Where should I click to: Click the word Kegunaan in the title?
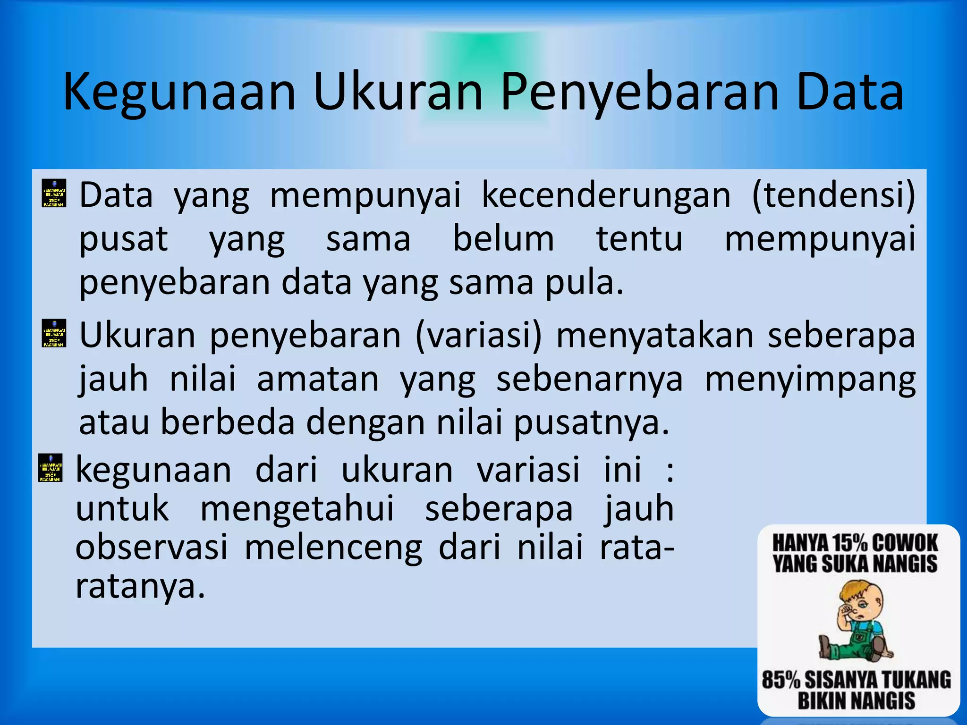[179, 93]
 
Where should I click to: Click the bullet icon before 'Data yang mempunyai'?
[54, 193]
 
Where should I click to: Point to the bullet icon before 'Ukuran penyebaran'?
[54, 333]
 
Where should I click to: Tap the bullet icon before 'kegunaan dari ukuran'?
[50, 468]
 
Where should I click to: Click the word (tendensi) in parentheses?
[833, 195]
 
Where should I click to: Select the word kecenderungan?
[606, 195]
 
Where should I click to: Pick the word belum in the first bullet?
[503, 238]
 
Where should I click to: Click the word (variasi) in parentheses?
[479, 336]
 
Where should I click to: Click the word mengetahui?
[297, 510]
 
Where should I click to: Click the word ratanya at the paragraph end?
[140, 587]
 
